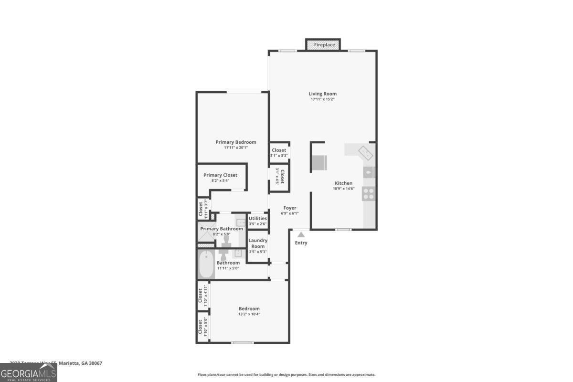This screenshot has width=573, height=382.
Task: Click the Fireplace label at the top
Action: pos(324,45)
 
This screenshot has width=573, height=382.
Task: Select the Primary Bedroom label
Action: pos(235,142)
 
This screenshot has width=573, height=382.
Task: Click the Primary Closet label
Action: pos(220,175)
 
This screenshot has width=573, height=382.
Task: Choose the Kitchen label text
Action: pos(343,183)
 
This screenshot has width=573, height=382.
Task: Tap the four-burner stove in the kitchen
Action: pos(369,193)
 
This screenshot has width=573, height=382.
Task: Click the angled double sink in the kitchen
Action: pos(366,153)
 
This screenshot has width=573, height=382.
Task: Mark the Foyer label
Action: pos(290,208)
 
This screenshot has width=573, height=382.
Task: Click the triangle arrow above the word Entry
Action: pos(301,234)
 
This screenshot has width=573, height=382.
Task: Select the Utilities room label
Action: pos(258,219)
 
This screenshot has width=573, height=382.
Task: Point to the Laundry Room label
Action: pos(258,244)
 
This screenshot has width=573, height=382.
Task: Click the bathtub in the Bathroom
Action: pos(206,265)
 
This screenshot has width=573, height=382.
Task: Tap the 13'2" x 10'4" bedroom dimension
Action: pos(249,314)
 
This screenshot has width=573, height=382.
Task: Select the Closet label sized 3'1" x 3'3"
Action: pos(279,150)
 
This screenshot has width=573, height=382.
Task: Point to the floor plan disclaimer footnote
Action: pos(286,375)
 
